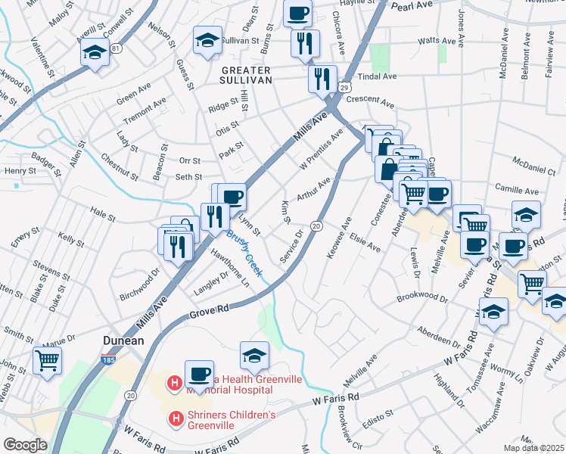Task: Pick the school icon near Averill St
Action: [x=95, y=52]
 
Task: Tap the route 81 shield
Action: [x=116, y=48]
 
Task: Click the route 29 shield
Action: [x=344, y=89]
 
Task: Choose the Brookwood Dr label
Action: [x=422, y=299]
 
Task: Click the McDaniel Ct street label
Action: [x=533, y=169]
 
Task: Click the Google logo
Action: [x=25, y=444]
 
